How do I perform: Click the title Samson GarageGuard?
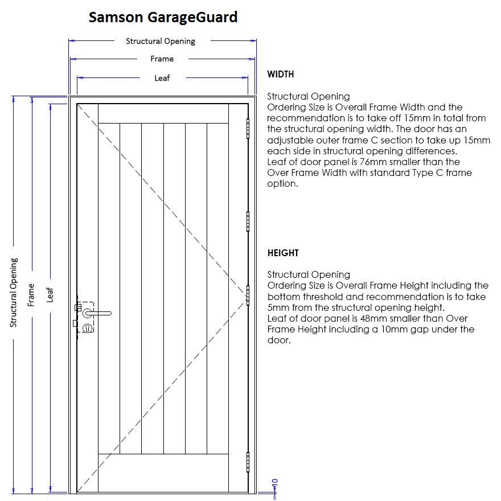(x=163, y=17)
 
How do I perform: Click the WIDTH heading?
(x=281, y=74)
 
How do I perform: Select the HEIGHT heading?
(x=283, y=253)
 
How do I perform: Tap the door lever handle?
(x=97, y=313)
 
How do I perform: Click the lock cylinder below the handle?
(x=88, y=328)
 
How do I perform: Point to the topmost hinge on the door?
(x=248, y=129)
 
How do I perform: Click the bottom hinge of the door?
(x=248, y=462)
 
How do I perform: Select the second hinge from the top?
(x=248, y=221)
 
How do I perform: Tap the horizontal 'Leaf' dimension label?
(x=162, y=79)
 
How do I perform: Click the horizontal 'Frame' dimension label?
(x=162, y=59)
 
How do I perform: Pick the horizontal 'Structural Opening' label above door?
(x=161, y=42)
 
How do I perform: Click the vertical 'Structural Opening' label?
(x=14, y=293)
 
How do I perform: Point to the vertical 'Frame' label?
(x=31, y=295)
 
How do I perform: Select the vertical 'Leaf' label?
(x=50, y=295)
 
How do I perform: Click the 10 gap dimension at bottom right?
(x=275, y=483)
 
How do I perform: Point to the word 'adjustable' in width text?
(x=289, y=141)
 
